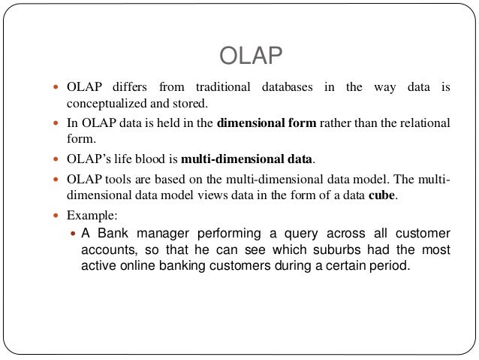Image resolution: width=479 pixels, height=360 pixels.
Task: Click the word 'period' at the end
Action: [x=392, y=267]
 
